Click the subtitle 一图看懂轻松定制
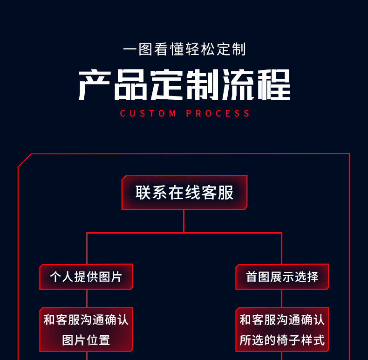point(184,49)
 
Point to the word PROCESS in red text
point(218,113)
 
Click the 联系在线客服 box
point(184,193)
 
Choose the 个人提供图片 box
point(86,277)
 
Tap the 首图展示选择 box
point(282,277)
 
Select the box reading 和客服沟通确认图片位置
point(86,330)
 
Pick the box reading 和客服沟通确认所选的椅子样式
point(282,330)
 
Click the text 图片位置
point(86,340)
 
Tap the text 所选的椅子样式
point(282,340)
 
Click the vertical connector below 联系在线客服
point(184,221)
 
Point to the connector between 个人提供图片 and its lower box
point(87,298)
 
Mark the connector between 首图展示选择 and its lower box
point(282,298)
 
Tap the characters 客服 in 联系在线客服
point(218,193)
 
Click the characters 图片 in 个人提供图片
point(110,277)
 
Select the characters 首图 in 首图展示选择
point(258,277)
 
